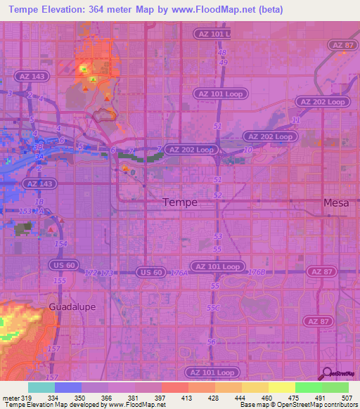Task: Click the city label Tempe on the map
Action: (179, 202)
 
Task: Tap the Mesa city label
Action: (335, 202)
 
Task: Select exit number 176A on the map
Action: (180, 273)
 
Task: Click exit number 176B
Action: (257, 271)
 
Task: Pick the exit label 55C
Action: (214, 308)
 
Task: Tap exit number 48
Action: (222, 53)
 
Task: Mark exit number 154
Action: (62, 243)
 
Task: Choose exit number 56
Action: (212, 342)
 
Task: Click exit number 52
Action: (218, 195)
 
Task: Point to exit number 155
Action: (60, 280)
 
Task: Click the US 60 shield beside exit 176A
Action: (150, 272)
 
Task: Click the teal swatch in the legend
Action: (41, 387)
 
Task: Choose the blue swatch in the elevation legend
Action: (68, 387)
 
